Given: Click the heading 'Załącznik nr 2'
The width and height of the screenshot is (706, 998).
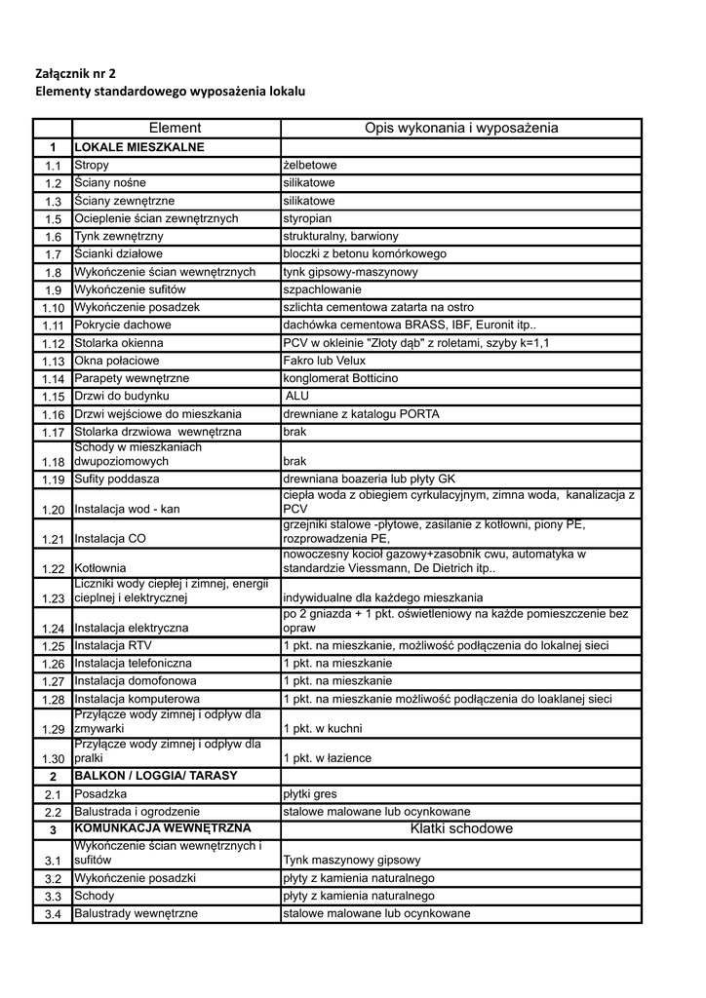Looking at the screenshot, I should click(x=81, y=72).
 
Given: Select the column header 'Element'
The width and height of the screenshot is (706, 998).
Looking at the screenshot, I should click(x=176, y=128).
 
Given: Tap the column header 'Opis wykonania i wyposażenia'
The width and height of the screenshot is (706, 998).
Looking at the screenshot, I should click(x=461, y=128).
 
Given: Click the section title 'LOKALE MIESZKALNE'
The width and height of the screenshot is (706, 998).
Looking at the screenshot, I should click(x=139, y=147).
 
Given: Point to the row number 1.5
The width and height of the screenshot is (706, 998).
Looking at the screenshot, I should click(x=53, y=219).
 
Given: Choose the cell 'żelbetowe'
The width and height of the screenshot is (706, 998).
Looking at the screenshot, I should click(x=309, y=166).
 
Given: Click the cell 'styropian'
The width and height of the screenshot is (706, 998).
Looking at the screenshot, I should click(x=307, y=218).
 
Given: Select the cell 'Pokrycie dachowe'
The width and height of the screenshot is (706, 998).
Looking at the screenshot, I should click(x=123, y=325).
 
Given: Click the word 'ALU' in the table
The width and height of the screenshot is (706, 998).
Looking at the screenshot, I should click(x=298, y=396).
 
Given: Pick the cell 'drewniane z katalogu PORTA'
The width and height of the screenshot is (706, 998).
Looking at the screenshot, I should click(x=361, y=414).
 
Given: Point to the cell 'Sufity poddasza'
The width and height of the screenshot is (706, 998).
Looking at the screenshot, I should click(x=117, y=480).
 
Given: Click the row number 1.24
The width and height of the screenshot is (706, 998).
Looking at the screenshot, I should click(x=53, y=629).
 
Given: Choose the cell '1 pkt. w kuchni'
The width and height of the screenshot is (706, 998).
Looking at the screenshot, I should click(x=323, y=729).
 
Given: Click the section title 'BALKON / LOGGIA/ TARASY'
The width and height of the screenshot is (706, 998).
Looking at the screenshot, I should click(x=156, y=776).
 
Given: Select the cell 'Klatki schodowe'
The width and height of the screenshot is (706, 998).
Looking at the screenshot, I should click(x=461, y=828).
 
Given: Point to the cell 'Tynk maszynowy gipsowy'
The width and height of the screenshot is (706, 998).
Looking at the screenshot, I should click(x=352, y=861).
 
